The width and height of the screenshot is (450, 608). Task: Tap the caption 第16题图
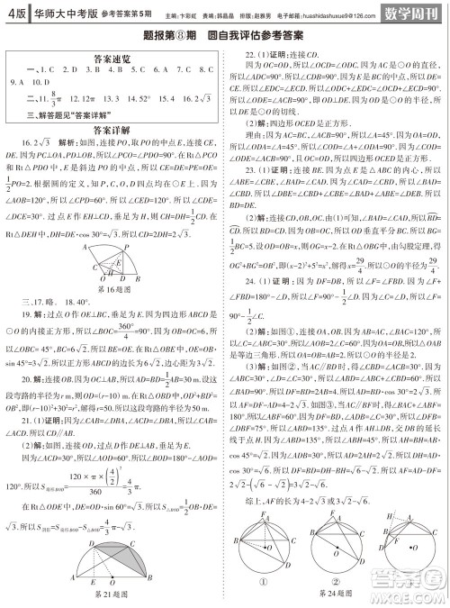click(x=112, y=292)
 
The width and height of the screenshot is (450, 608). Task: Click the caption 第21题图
click(x=112, y=594)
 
